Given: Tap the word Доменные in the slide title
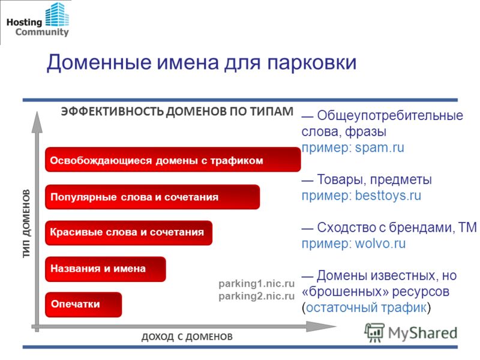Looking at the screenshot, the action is (99, 62).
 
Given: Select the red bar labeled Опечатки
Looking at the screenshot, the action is (83, 304).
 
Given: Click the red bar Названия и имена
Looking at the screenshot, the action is (106, 269).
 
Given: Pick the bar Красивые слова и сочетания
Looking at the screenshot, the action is (128, 233).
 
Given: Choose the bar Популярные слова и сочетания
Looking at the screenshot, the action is (152, 197).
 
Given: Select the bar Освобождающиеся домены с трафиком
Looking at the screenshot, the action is (173, 159).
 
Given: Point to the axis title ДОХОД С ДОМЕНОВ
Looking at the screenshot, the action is (187, 337).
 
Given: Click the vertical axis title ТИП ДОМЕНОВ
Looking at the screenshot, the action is (26, 224).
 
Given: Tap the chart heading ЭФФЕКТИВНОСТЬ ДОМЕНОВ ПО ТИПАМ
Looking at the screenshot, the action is (177, 111).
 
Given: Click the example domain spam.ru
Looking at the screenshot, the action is (380, 148).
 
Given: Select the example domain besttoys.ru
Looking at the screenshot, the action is (388, 196).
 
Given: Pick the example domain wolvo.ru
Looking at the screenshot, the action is (380, 244).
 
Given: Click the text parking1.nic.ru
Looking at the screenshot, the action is (257, 284).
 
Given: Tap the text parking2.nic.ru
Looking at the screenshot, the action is (257, 296).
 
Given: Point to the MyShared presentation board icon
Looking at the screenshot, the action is (374, 332).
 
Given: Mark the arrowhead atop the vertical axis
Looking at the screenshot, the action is (37, 122).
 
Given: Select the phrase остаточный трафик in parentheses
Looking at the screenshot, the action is (366, 307).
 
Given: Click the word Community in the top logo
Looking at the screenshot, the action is (42, 32).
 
